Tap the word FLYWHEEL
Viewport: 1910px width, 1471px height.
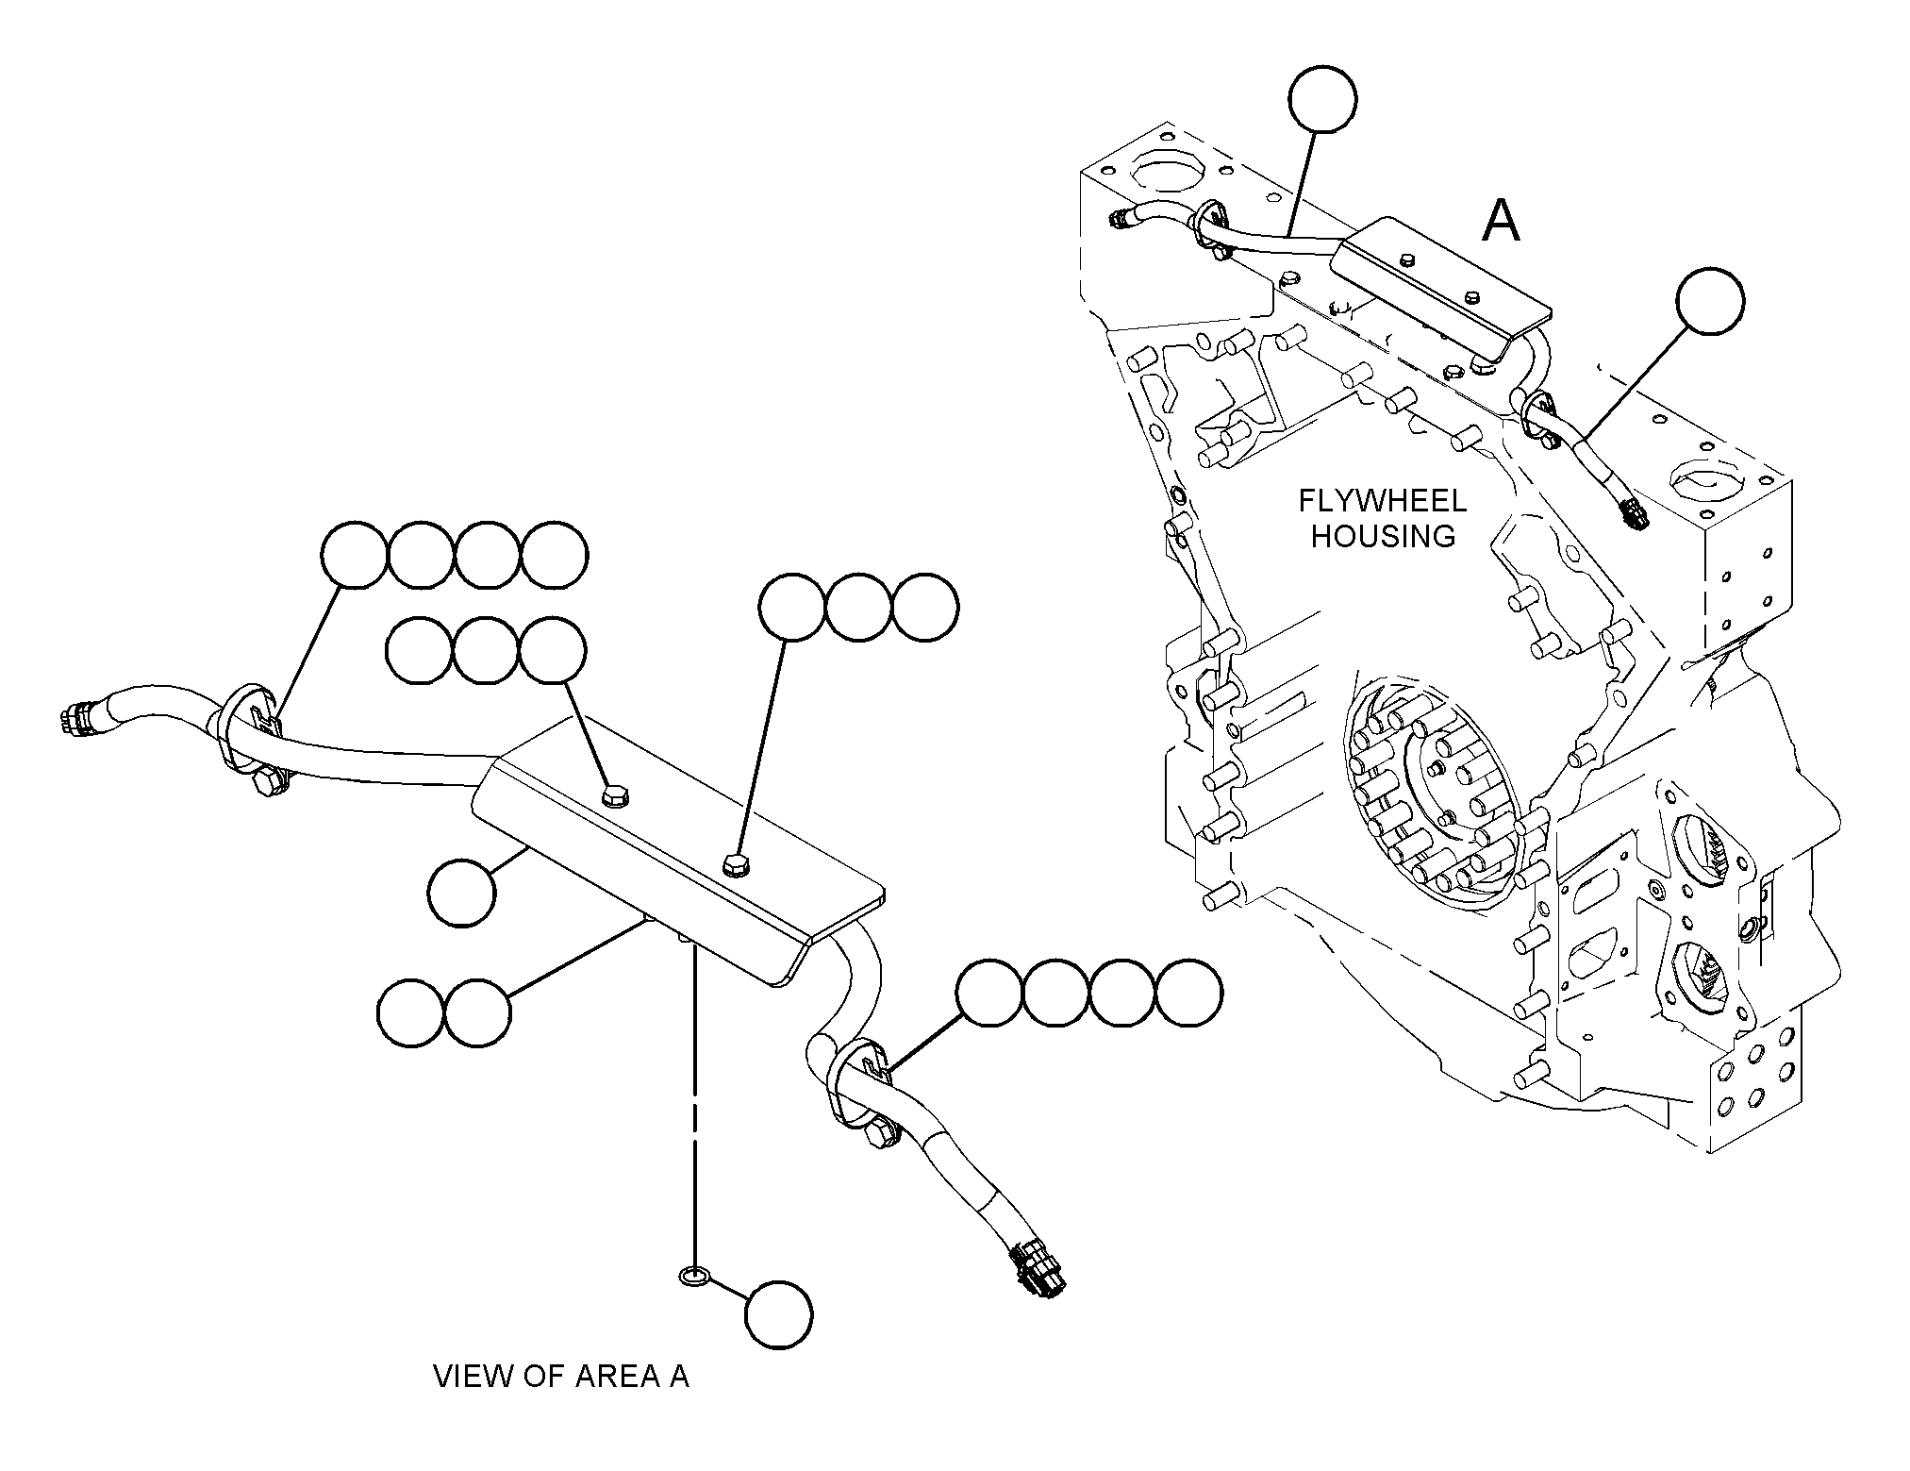1383,501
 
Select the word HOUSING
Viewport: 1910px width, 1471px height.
1384,536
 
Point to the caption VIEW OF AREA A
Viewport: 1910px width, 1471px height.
561,1376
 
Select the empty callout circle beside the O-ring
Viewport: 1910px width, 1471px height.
779,1314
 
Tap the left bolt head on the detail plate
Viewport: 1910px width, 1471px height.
615,797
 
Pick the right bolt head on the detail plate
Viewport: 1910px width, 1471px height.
735,863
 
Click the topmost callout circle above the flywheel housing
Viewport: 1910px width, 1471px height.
1323,97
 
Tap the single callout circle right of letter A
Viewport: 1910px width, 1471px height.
1710,300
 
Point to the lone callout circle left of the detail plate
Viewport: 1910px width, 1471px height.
461,893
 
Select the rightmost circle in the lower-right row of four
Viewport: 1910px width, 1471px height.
1188,993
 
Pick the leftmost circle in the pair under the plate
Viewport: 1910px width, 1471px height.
410,1012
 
